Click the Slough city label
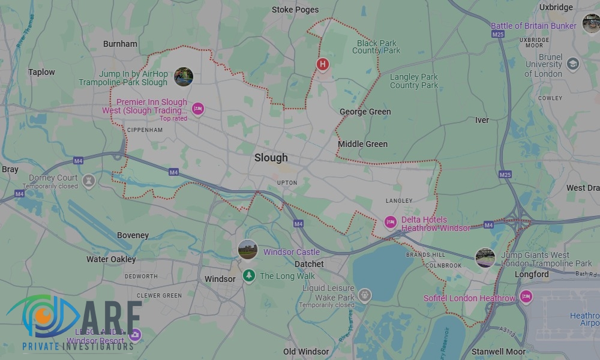click(x=271, y=158)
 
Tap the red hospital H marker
click(x=323, y=64)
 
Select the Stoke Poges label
click(x=295, y=10)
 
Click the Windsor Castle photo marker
click(x=247, y=249)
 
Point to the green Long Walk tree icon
click(x=248, y=275)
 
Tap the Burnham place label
click(x=120, y=44)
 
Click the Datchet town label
click(x=309, y=264)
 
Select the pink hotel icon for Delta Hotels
click(x=391, y=223)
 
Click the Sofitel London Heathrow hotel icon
click(x=526, y=296)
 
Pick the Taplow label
click(x=41, y=72)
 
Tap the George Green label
click(x=365, y=112)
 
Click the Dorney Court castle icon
click(x=89, y=181)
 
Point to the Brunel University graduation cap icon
click(x=573, y=64)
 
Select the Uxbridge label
click(x=556, y=8)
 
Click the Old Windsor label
click(x=306, y=352)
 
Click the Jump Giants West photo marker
click(x=485, y=258)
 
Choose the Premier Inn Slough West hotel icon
click(x=198, y=109)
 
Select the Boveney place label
click(x=133, y=235)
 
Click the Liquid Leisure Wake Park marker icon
click(x=364, y=295)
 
